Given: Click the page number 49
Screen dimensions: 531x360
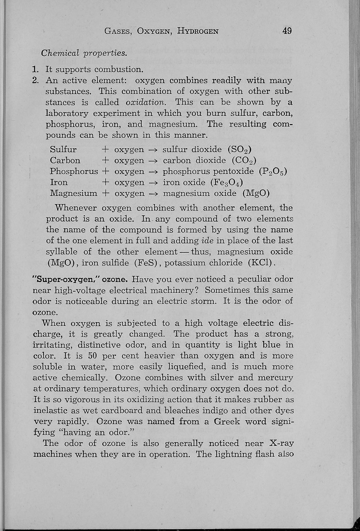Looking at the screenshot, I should pos(287,31).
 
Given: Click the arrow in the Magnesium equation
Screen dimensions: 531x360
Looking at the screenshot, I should pos(153,194).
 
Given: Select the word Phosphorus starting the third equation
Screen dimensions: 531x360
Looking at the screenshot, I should pos(74,172).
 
